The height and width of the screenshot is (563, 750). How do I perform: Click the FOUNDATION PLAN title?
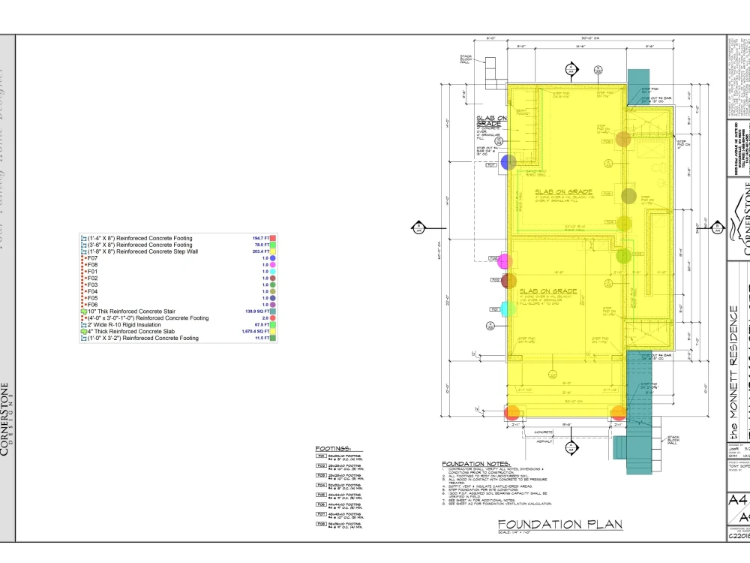coord(560,524)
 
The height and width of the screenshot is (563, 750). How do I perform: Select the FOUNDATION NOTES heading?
coord(476,464)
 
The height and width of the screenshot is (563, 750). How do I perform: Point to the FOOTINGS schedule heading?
coord(333,449)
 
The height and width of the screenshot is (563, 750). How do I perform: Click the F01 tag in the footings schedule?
coord(320,456)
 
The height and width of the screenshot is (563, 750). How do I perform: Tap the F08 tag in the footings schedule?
coord(320,523)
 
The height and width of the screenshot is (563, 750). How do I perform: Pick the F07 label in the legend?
coord(92,258)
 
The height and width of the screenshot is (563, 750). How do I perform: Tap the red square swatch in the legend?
coord(274,238)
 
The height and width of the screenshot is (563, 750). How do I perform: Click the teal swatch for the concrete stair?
coord(274,312)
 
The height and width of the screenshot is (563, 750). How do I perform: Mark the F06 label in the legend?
coord(92,305)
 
